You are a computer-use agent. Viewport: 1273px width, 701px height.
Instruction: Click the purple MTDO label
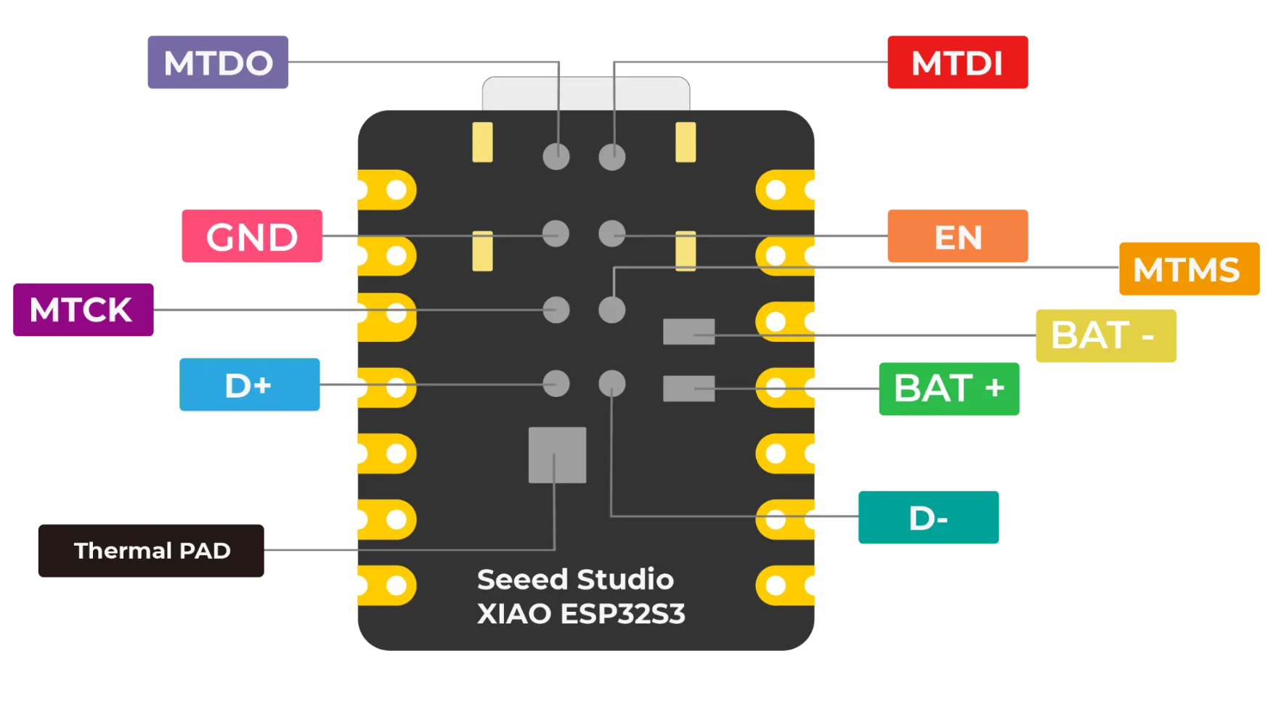(x=218, y=62)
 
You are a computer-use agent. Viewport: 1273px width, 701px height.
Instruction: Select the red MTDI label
(x=957, y=62)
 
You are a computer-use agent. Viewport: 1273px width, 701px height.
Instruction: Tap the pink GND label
(x=251, y=236)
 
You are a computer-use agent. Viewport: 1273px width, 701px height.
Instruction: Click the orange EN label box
(x=957, y=236)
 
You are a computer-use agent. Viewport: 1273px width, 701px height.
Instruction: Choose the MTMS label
(x=1189, y=268)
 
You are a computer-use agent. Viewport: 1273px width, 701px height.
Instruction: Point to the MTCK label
(x=83, y=310)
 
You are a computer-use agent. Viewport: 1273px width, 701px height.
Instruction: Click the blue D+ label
(x=249, y=385)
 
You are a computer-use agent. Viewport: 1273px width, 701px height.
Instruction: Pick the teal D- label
(x=928, y=517)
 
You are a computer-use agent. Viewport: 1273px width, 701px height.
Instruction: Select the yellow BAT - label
(x=1105, y=335)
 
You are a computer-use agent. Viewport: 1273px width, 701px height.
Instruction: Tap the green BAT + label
(x=948, y=389)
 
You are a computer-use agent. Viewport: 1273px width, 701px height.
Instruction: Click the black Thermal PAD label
(x=151, y=551)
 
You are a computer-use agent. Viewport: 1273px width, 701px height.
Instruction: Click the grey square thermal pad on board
(x=557, y=455)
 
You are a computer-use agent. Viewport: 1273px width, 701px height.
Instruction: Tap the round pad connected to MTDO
(x=556, y=156)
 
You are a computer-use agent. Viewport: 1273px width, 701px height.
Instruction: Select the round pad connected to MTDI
(x=612, y=156)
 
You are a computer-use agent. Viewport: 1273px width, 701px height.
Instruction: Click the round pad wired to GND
(x=556, y=234)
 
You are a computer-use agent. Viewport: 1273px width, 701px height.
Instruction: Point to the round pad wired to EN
(x=612, y=234)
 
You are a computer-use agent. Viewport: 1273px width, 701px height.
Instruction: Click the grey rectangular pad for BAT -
(x=688, y=332)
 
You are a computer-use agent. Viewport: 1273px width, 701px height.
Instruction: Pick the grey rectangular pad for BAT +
(x=688, y=388)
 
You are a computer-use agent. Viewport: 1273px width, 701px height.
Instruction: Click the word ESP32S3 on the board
(x=622, y=614)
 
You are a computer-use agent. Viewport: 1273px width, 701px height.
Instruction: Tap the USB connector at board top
(x=585, y=94)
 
